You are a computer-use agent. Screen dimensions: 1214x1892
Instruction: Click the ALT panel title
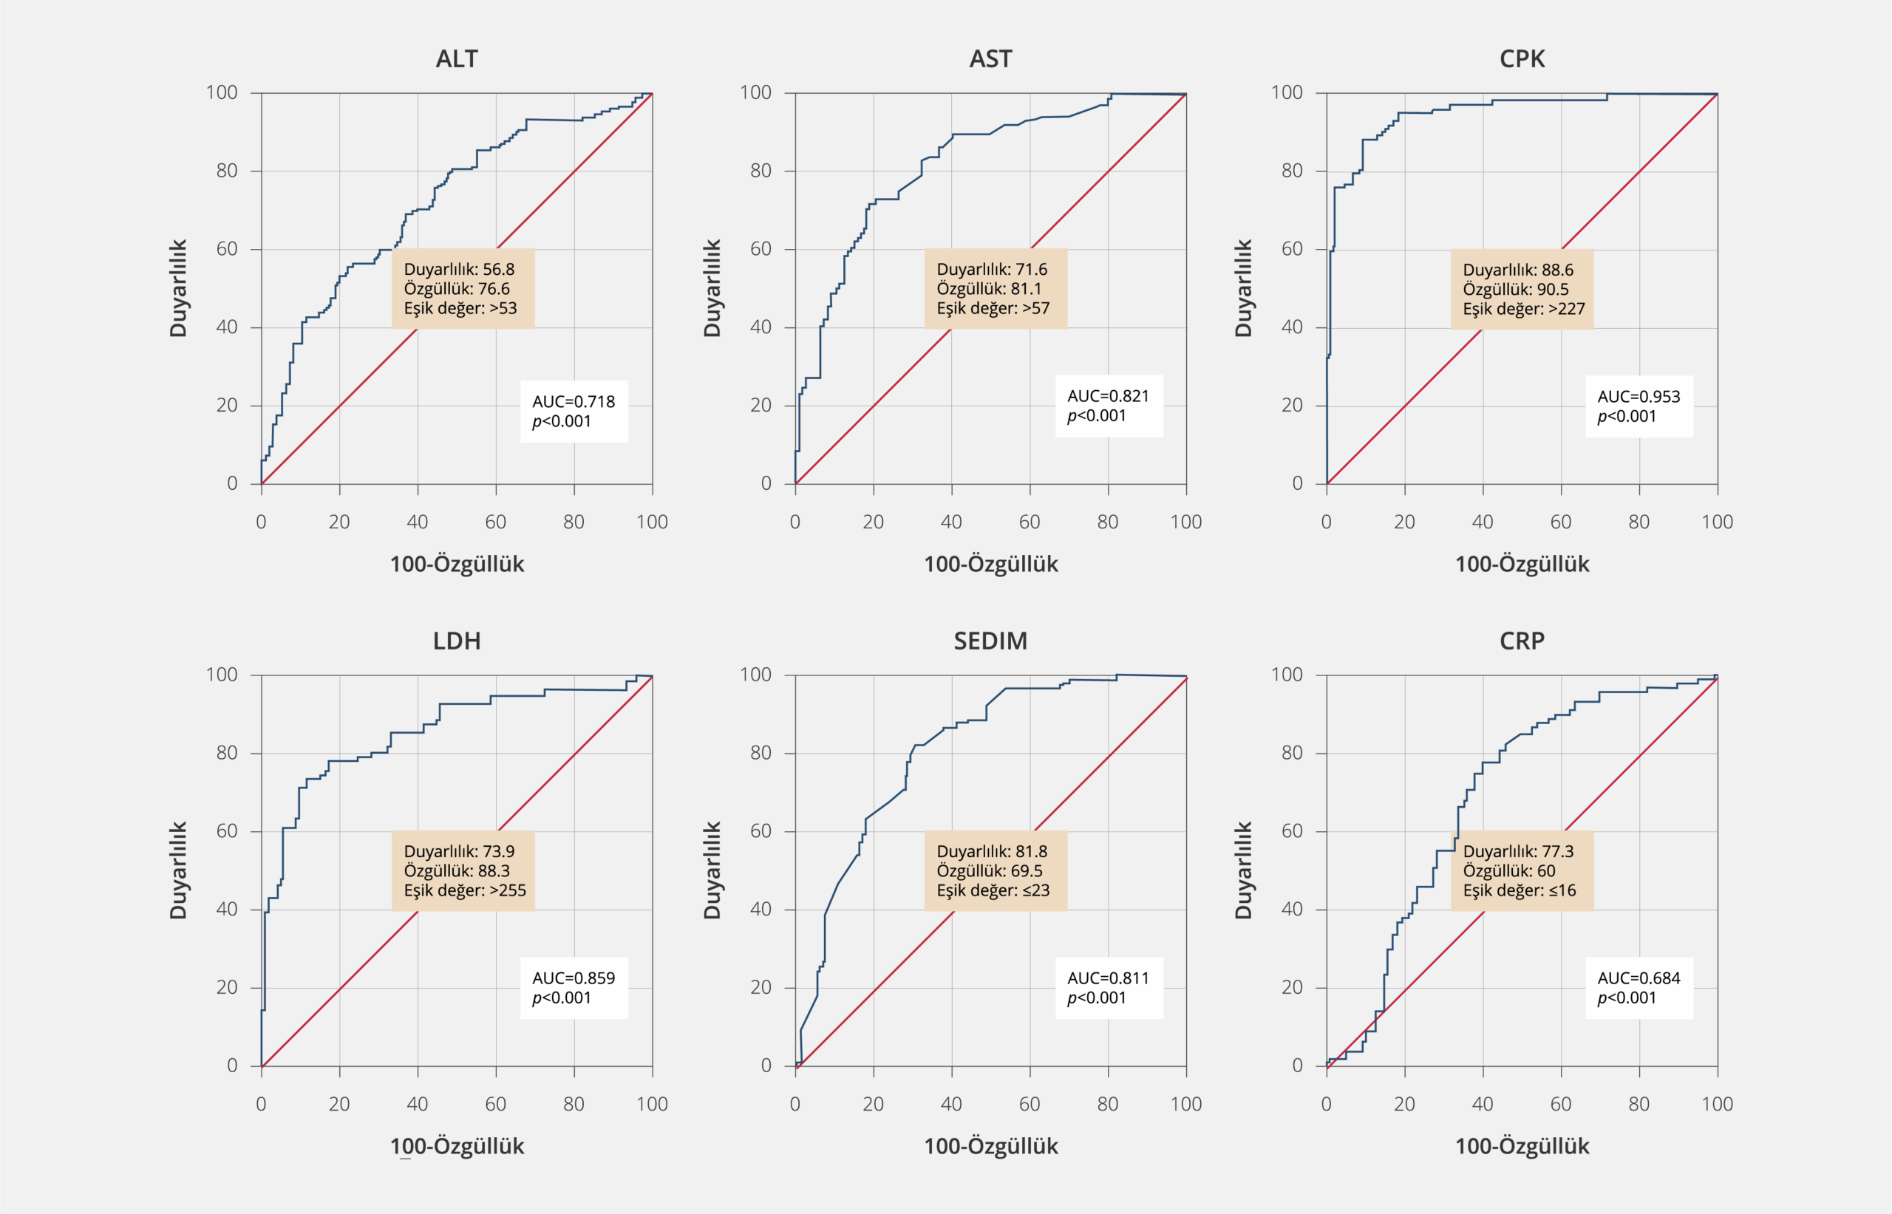pyautogui.click(x=457, y=59)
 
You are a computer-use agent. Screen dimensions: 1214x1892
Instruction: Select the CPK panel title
pyautogui.click(x=1522, y=59)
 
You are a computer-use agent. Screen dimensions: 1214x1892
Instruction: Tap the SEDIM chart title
pyautogui.click(x=990, y=641)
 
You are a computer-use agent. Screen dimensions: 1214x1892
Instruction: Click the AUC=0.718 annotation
pyautogui.click(x=573, y=401)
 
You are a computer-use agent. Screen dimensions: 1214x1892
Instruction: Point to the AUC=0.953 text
pyautogui.click(x=1639, y=397)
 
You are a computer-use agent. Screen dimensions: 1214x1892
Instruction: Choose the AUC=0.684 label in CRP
pyautogui.click(x=1639, y=978)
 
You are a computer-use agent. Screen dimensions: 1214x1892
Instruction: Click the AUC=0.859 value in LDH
pyautogui.click(x=573, y=978)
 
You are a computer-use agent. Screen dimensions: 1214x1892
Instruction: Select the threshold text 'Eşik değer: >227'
pyautogui.click(x=1523, y=309)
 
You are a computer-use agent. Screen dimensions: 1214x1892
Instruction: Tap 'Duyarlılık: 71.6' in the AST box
pyautogui.click(x=992, y=270)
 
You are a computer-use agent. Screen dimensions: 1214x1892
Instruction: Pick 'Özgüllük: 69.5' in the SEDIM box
pyautogui.click(x=989, y=871)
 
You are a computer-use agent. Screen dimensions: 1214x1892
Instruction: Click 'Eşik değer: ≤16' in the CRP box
pyautogui.click(x=1519, y=891)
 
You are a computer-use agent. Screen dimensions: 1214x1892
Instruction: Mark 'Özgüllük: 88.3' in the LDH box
pyautogui.click(x=457, y=871)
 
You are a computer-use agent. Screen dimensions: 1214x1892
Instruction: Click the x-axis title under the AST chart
pyautogui.click(x=990, y=565)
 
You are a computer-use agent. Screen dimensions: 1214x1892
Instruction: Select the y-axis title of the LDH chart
pyautogui.click(x=178, y=870)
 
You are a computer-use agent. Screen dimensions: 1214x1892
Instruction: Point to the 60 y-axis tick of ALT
pyautogui.click(x=227, y=249)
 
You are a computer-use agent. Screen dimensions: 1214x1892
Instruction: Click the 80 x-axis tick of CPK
pyautogui.click(x=1639, y=522)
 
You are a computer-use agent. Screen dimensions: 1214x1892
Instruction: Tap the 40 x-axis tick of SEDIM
pyautogui.click(x=950, y=1105)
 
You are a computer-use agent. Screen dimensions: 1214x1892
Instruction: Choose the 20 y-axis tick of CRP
pyautogui.click(x=1291, y=988)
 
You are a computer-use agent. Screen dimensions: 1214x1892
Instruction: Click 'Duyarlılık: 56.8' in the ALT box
pyautogui.click(x=459, y=270)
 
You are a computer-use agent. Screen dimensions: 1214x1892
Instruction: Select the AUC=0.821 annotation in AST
pyautogui.click(x=1108, y=397)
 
